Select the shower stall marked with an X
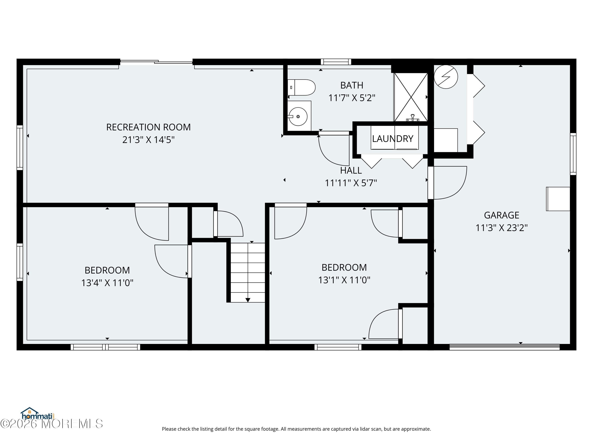pos(411,97)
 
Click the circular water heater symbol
pos(446,77)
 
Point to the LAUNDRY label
pos(393,139)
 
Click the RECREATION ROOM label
pos(148,127)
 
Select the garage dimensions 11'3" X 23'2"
pos(501,228)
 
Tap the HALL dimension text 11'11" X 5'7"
pos(351,183)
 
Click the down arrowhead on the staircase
pos(248,300)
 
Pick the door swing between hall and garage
pos(450,183)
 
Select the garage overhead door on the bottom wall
pos(504,347)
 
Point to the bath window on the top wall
pos(336,62)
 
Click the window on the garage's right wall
pos(573,154)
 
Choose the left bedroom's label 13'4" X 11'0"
pos(107,283)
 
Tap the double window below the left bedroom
pos(105,347)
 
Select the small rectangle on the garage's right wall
pos(558,199)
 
